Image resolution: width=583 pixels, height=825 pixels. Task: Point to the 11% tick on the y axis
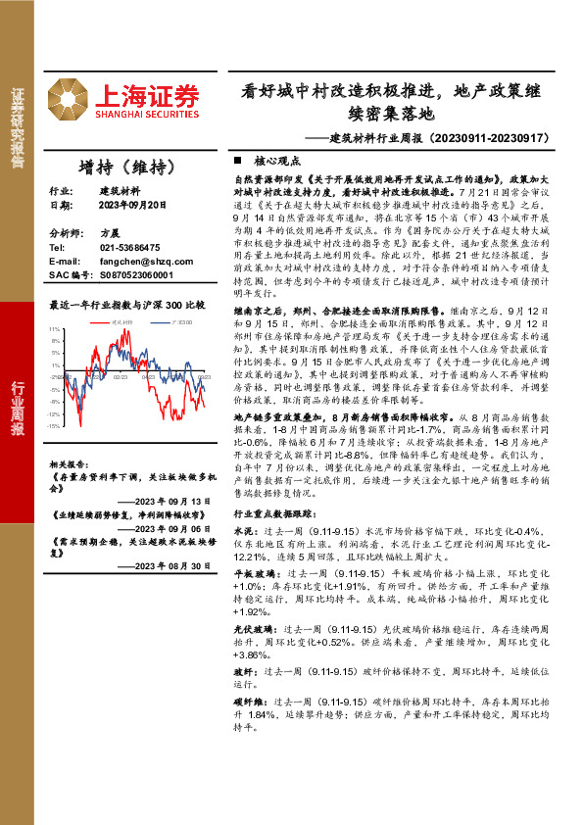[55, 330]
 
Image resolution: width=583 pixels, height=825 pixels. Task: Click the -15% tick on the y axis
[54, 425]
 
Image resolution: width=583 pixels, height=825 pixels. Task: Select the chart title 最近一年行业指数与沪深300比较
[127, 305]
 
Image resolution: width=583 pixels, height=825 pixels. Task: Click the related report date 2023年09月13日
[172, 502]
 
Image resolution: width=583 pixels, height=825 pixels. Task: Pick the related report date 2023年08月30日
[172, 565]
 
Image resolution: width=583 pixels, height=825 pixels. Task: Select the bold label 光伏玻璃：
[256, 628]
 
